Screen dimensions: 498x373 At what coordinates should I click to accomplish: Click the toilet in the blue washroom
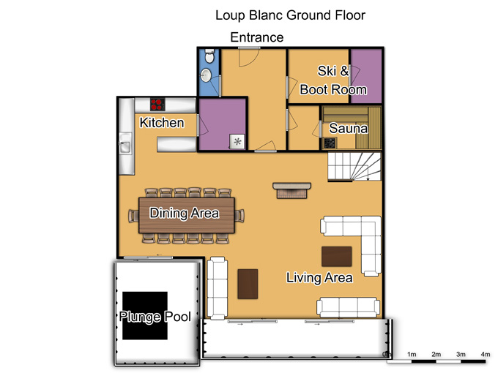point(209,56)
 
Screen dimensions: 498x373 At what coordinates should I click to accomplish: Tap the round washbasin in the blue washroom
point(207,75)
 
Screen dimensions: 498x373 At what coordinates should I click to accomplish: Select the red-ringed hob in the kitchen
point(157,105)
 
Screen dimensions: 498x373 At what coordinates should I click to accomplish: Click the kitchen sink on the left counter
point(125,143)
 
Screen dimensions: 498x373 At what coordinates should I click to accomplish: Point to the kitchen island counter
point(176,144)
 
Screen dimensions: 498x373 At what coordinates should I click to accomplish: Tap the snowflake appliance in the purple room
point(237,141)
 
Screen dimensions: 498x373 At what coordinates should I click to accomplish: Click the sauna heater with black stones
point(330,143)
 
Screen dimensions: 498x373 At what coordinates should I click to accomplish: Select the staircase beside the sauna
point(354,167)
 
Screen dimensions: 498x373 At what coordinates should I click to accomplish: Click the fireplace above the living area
point(292,190)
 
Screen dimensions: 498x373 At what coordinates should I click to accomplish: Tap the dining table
point(187,215)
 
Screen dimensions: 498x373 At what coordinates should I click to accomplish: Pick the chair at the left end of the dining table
point(134,216)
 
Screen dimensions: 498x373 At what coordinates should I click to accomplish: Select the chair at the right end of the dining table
point(239,216)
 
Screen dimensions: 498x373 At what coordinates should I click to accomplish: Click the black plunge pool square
point(145,316)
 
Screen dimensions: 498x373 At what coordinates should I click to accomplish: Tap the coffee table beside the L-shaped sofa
point(336,256)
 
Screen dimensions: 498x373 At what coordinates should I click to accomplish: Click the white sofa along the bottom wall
point(348,307)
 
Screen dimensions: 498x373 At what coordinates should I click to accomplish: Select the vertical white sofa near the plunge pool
point(218,288)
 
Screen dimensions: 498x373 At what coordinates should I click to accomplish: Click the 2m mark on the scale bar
point(436,354)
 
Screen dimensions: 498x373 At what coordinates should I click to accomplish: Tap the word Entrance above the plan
point(256,37)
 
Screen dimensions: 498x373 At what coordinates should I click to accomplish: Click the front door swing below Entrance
point(249,57)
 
